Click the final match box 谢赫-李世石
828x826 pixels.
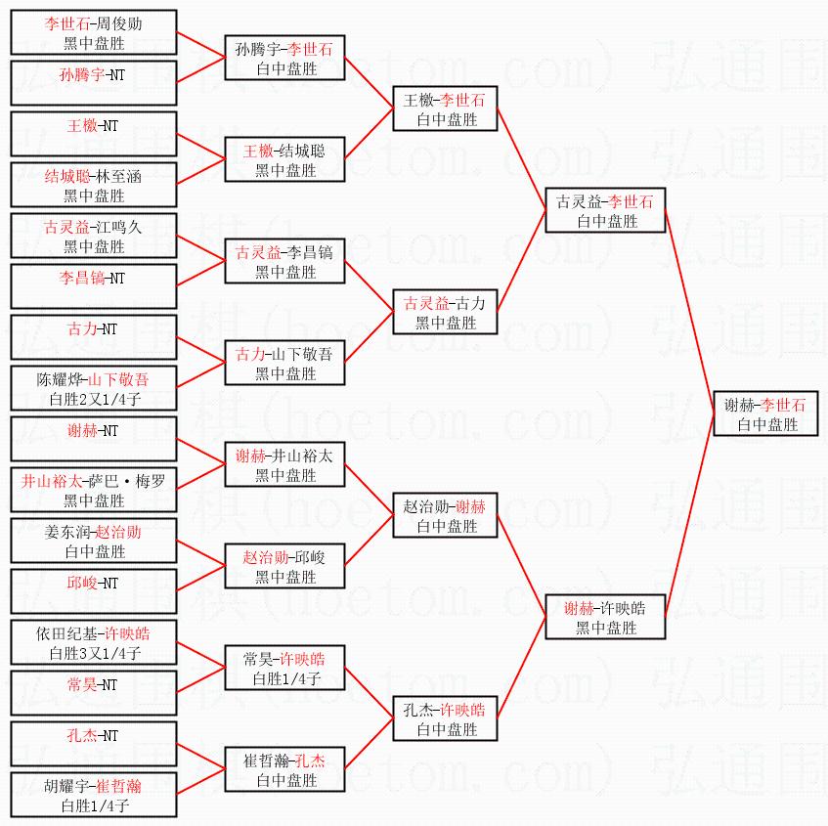(765, 414)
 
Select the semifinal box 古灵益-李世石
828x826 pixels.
(604, 211)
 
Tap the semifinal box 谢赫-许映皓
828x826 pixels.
(604, 618)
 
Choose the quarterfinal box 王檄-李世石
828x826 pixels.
(446, 109)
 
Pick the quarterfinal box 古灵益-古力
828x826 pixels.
(446, 313)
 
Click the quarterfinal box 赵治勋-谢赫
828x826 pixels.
(446, 516)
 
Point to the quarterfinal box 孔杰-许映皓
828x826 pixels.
(446, 719)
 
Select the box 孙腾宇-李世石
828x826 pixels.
(284, 59)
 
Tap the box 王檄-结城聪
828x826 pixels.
(284, 160)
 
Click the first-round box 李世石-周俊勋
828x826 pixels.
(94, 32)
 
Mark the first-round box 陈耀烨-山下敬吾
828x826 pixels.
(94, 388)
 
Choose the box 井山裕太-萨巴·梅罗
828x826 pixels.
(94, 490)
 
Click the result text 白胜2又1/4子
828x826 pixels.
(94, 399)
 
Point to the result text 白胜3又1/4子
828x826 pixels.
(94, 653)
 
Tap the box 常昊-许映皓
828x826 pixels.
(284, 669)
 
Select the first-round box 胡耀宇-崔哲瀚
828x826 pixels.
(94, 795)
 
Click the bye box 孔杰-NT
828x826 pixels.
(94, 744)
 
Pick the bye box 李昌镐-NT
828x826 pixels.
(94, 286)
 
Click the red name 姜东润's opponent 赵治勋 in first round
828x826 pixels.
(117, 532)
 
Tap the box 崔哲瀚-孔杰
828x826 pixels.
(284, 770)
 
